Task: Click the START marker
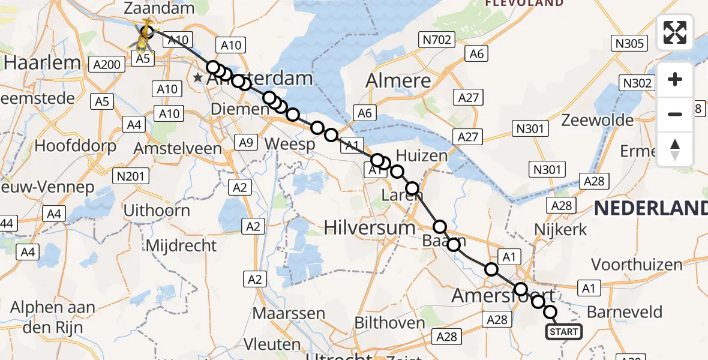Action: click(x=563, y=332)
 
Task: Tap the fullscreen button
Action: click(x=675, y=32)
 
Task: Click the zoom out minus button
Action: click(x=675, y=114)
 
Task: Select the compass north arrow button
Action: click(x=675, y=149)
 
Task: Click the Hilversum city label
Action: click(x=370, y=227)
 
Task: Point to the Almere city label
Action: click(x=398, y=80)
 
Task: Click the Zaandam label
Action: click(x=159, y=8)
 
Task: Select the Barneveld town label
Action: click(x=625, y=312)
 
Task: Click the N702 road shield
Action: click(x=436, y=40)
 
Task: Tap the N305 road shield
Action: click(x=628, y=43)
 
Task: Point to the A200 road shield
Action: click(x=106, y=64)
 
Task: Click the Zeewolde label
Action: click(x=597, y=120)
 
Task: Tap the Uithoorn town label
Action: click(x=157, y=211)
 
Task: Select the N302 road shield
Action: click(x=637, y=83)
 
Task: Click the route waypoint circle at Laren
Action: click(x=412, y=189)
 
